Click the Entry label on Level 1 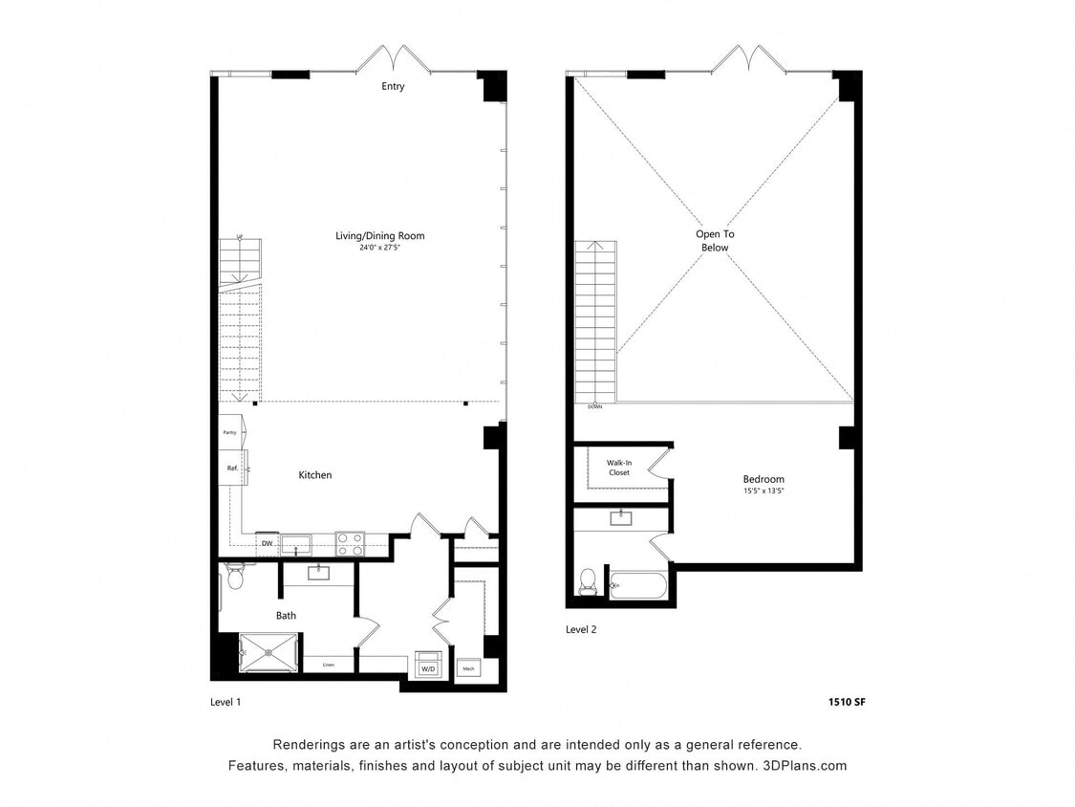click(x=393, y=86)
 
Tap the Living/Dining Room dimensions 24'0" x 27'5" click(x=379, y=248)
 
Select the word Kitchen click(x=314, y=475)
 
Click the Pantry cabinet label click(x=230, y=432)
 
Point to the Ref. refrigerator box click(x=231, y=469)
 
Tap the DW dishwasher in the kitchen click(x=268, y=545)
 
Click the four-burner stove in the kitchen click(x=350, y=544)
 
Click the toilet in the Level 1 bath click(x=235, y=576)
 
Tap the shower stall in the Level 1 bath click(x=269, y=653)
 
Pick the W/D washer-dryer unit click(x=426, y=667)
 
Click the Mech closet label click(x=468, y=668)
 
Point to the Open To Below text click(x=714, y=241)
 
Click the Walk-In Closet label click(x=618, y=468)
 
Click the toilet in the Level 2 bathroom click(x=588, y=582)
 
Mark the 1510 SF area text click(x=846, y=702)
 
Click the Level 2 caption click(x=581, y=629)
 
